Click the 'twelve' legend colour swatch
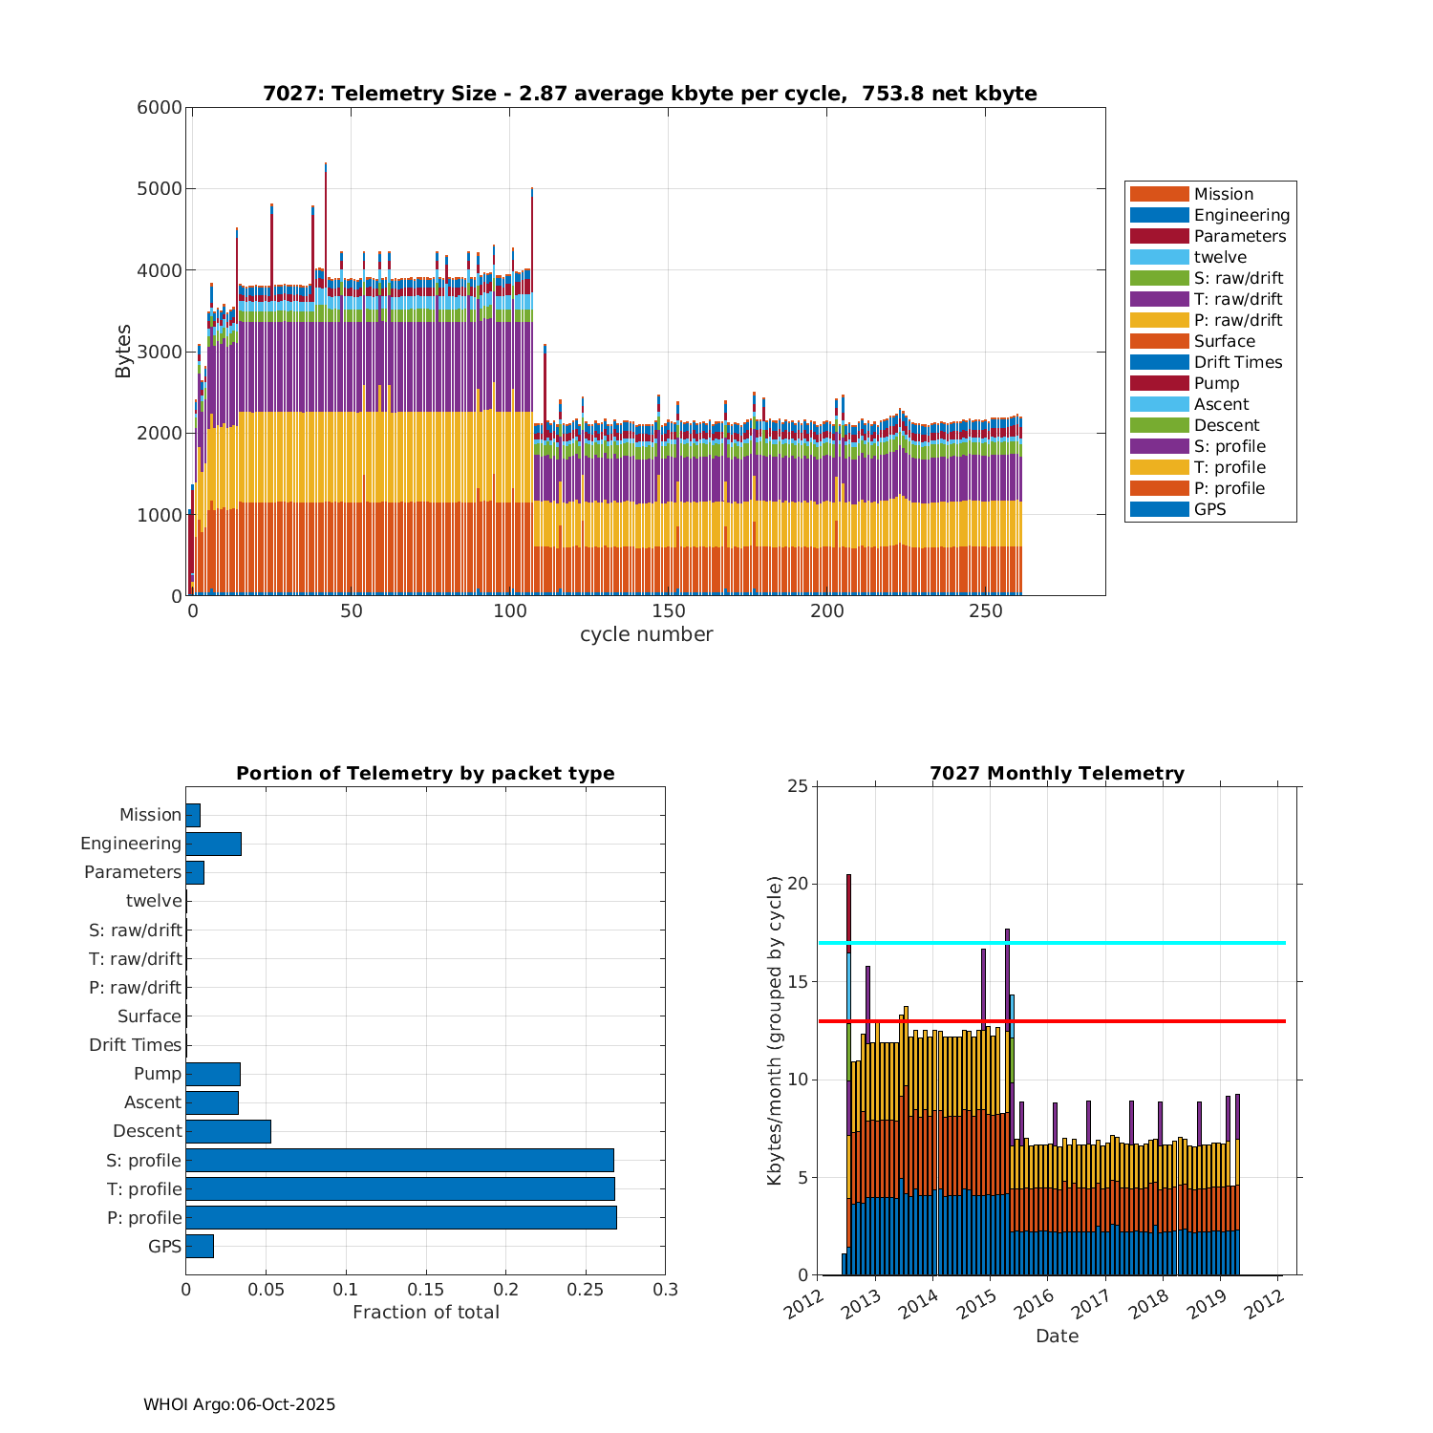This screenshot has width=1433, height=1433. pyautogui.click(x=1159, y=257)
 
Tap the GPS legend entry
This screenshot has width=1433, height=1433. pyautogui.click(x=1209, y=509)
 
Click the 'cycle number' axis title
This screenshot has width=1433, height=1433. pyautogui.click(x=646, y=634)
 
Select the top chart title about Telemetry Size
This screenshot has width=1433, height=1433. pyautogui.click(x=650, y=94)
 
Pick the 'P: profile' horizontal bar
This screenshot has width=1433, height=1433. pyautogui.click(x=401, y=1217)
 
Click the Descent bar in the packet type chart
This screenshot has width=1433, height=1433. pyautogui.click(x=228, y=1131)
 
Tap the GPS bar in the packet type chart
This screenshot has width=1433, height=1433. pyautogui.click(x=200, y=1246)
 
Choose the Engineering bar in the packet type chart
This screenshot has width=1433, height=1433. pyautogui.click(x=213, y=844)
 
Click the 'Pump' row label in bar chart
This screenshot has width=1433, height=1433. pyautogui.click(x=157, y=1074)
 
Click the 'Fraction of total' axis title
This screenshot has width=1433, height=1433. pyautogui.click(x=426, y=1313)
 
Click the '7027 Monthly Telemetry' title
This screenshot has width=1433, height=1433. pyautogui.click(x=1057, y=774)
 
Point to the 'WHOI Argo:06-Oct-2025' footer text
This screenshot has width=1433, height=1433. pyautogui.click(x=239, y=1404)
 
